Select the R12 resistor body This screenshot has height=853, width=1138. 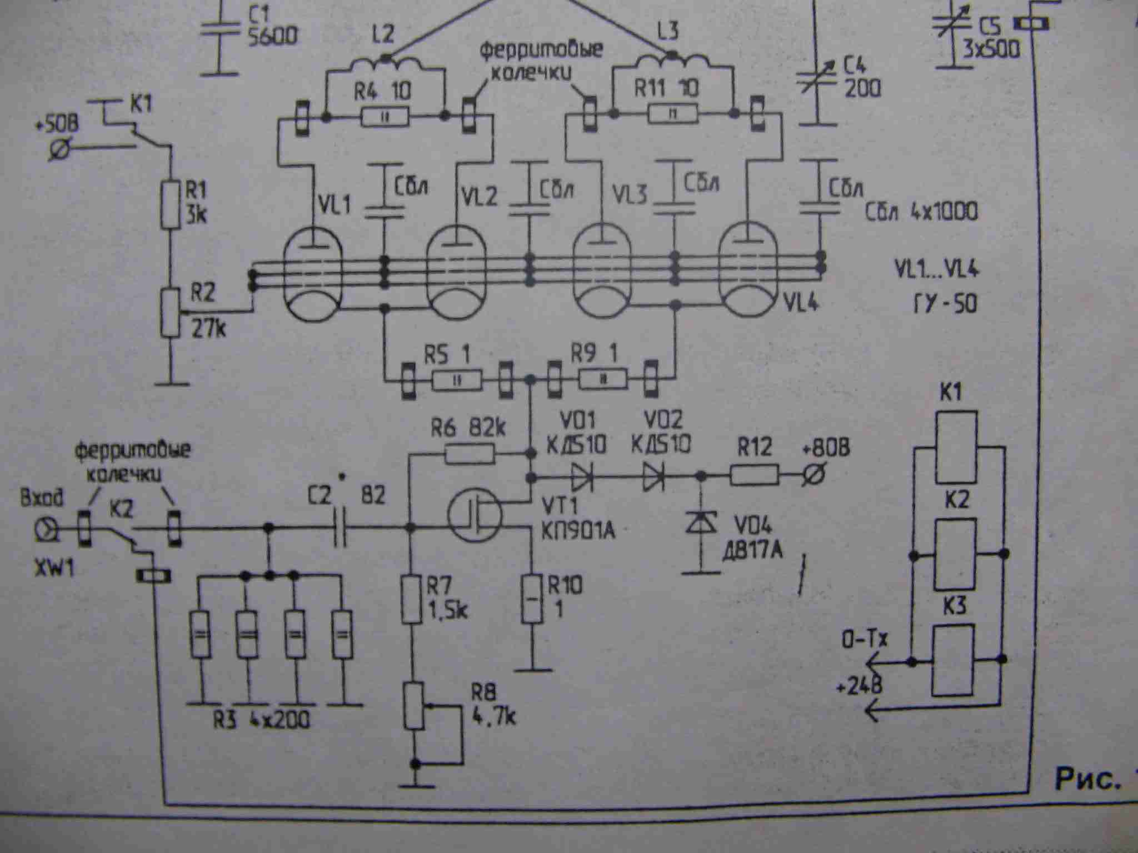pos(755,476)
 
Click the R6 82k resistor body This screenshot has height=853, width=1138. pos(470,455)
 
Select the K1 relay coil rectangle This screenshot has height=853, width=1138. pos(956,448)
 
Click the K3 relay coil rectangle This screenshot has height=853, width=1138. pos(952,660)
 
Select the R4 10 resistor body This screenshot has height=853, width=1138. pos(385,117)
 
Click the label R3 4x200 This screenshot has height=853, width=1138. pos(261,720)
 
